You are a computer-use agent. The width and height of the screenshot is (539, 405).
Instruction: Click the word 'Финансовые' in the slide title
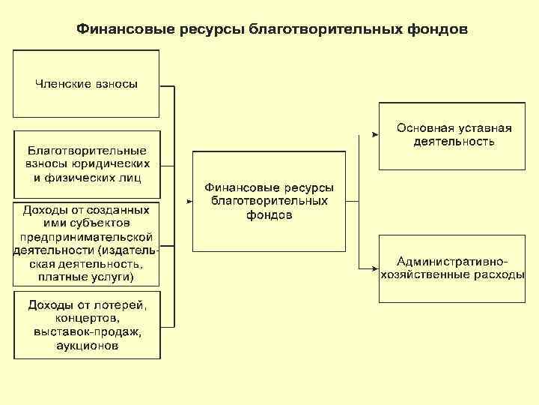[x=126, y=29]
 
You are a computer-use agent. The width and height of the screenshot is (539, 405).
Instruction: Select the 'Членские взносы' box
[x=87, y=83]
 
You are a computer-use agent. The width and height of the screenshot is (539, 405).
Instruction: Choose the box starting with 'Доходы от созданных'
[x=87, y=243]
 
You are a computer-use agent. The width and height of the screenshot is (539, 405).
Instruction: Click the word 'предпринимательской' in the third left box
[x=87, y=236]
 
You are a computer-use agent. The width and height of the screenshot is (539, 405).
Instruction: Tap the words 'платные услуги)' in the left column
[x=87, y=277]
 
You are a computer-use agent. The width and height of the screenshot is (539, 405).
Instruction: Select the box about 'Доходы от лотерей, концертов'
[x=87, y=325]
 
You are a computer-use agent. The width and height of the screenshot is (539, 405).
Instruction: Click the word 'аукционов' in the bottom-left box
[x=87, y=346]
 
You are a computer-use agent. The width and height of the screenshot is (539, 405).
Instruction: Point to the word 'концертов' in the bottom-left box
[x=87, y=318]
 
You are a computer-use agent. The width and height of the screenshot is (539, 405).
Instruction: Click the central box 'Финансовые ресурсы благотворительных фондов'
[x=269, y=201]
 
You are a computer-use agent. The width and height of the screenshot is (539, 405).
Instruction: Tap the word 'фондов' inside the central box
[x=269, y=215]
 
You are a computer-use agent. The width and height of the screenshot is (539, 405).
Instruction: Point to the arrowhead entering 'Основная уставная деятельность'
[x=374, y=135]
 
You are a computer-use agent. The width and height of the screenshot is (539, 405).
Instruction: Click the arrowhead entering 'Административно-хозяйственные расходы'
[x=374, y=268]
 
